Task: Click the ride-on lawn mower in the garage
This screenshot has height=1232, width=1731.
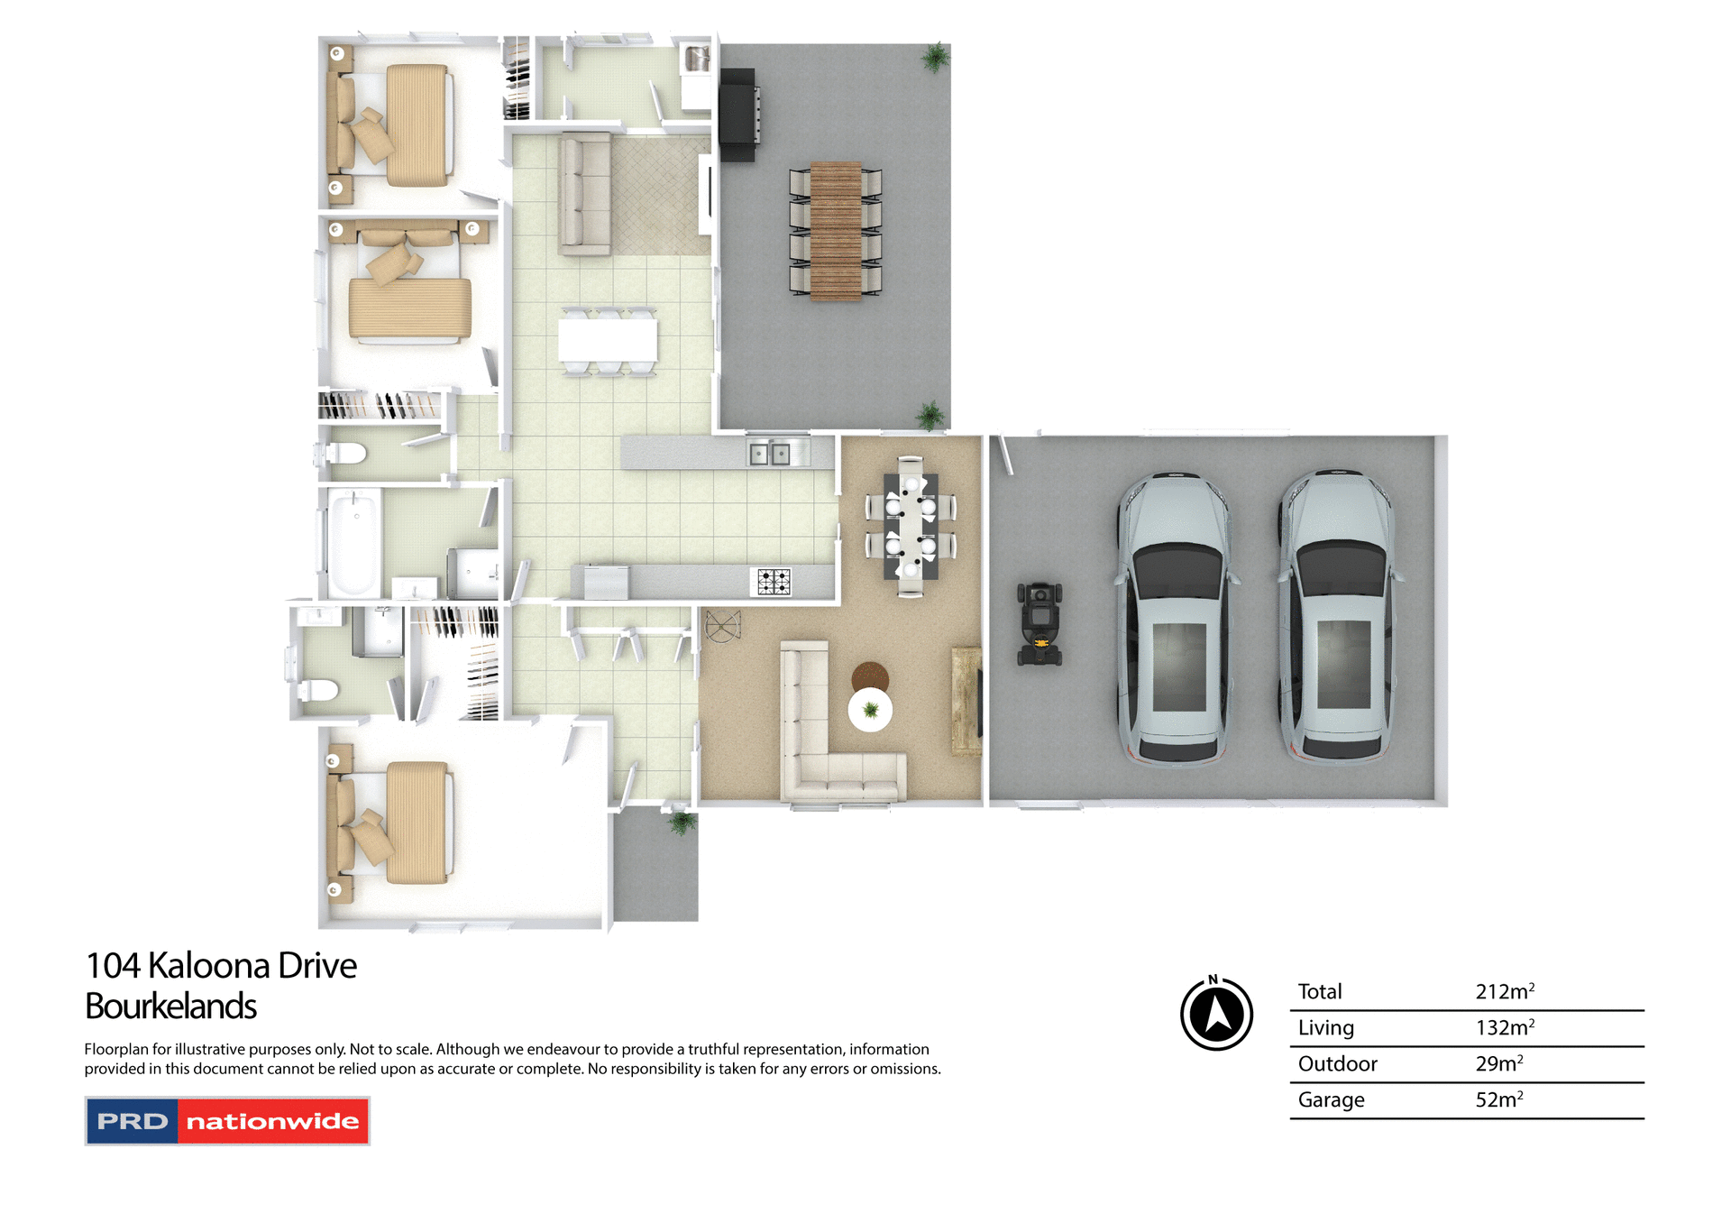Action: (1040, 624)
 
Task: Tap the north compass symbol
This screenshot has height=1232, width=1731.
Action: (1216, 1014)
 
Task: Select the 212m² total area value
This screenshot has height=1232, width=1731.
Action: (1504, 991)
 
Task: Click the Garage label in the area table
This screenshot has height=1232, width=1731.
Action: (1331, 1099)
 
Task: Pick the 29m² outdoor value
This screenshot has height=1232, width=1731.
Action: (1498, 1063)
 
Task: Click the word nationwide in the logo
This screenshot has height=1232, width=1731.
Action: (272, 1121)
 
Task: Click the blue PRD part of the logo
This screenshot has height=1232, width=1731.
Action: (133, 1121)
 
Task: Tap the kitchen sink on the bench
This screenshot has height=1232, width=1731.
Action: (769, 454)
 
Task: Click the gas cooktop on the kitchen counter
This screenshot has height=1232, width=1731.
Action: (773, 582)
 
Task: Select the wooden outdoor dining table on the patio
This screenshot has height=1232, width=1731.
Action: (836, 231)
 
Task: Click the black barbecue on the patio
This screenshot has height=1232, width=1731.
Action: (738, 115)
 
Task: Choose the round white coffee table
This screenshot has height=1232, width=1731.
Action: (870, 710)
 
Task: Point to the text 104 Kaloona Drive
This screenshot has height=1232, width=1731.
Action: (221, 966)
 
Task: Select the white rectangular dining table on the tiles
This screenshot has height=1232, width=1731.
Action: (607, 341)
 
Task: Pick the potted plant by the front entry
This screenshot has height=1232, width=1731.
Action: (682, 822)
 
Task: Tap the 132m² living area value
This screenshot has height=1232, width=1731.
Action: (1504, 1027)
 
